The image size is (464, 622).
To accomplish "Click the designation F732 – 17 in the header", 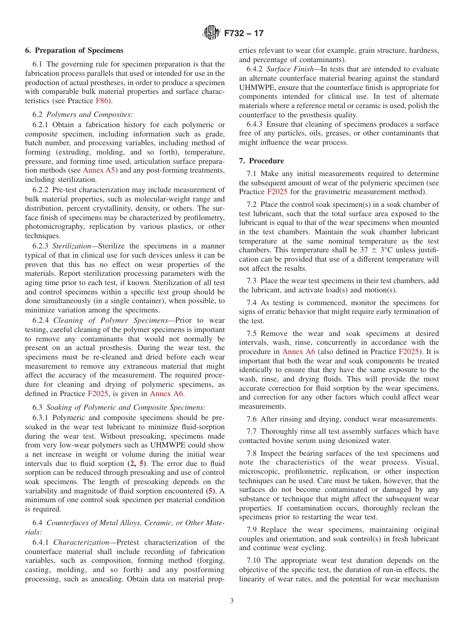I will pos(244,33).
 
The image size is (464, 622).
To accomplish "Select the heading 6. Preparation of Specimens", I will pos(74,50).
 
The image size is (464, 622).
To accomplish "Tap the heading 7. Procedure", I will pos(261,160).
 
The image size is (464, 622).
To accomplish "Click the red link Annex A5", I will pos(100,170).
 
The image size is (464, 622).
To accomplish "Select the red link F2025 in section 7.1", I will pos(275,192).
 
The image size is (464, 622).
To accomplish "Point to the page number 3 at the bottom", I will pos(232,601).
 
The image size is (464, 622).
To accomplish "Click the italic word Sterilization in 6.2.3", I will pos(74,246).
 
